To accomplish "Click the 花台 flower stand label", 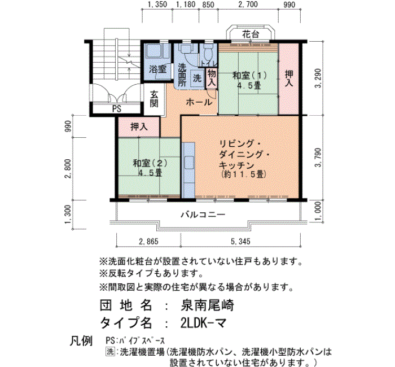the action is [251, 34].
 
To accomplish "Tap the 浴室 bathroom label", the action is [157, 69].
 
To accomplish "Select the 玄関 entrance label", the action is [154, 99].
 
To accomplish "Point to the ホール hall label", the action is [199, 102].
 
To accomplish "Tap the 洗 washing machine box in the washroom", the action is [197, 78].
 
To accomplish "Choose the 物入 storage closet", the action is [212, 78].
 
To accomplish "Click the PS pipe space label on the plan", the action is [117, 109].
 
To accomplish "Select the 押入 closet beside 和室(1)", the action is [289, 78].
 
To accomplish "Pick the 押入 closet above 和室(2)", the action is [139, 127].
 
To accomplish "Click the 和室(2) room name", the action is [150, 163].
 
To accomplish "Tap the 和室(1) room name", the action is [249, 75].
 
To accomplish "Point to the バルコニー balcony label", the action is [203, 215].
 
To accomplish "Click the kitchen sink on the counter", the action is [189, 163].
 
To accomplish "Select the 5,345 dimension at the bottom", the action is [240, 242].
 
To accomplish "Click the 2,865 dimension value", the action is [148, 242].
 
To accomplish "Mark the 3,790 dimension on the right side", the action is [318, 158].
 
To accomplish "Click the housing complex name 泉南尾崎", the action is [207, 305].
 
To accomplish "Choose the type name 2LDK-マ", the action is [203, 322].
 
